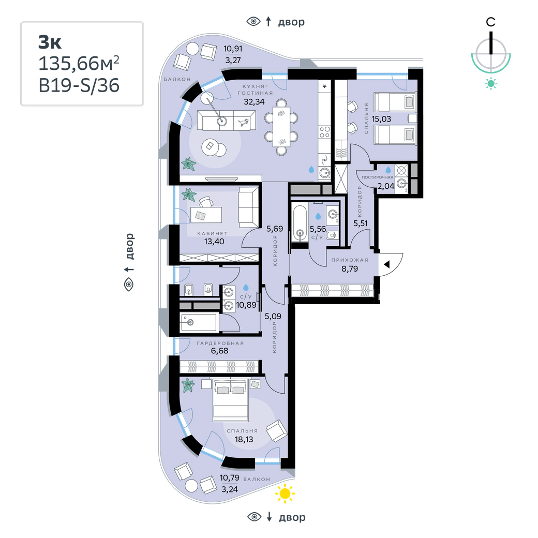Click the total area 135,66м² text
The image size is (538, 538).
79,63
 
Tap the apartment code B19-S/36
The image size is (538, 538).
79,85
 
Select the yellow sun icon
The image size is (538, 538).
285,494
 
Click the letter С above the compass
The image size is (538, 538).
490,22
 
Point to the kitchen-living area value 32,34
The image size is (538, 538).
254,101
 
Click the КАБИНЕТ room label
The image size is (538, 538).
213,233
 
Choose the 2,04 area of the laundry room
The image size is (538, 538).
386,186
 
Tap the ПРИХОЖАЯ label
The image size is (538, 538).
350,260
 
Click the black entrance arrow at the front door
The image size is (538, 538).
387,264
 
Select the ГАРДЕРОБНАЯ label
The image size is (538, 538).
220,343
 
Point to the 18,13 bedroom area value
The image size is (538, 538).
244,439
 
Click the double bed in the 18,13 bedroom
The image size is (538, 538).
231,400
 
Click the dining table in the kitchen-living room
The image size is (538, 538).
281,127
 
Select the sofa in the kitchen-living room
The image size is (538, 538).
227,121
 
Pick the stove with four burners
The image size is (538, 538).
324,132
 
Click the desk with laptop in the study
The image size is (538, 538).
204,215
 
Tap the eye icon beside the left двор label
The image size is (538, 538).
129,285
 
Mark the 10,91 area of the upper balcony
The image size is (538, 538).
233,49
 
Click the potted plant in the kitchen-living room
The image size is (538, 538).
188,163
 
